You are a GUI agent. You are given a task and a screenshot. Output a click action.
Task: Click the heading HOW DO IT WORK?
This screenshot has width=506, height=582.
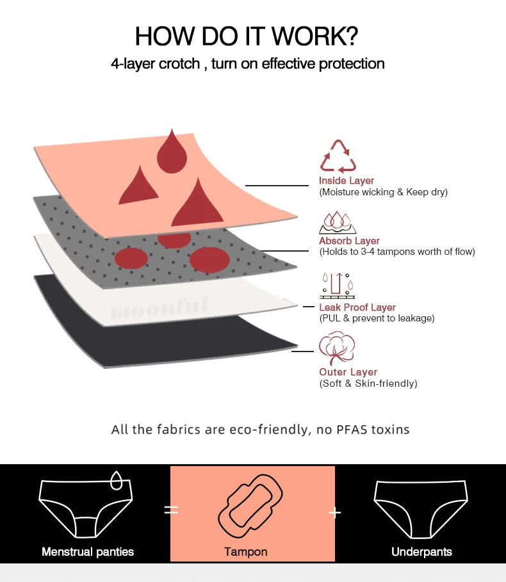coord(246,36)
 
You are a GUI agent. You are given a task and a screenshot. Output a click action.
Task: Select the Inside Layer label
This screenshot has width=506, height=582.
coord(347,181)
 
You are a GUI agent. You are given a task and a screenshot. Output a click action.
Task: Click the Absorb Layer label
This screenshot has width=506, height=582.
coord(349,241)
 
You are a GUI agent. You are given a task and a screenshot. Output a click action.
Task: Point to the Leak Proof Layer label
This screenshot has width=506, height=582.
coord(357,307)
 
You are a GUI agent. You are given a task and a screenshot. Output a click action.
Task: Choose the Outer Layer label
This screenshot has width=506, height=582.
coord(348,372)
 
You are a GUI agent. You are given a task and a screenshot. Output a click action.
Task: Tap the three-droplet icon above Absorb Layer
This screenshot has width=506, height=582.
coord(337,223)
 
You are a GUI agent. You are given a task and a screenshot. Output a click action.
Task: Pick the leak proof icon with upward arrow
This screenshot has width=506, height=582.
coord(337,286)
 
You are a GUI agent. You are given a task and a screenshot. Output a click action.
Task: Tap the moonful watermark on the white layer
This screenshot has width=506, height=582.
coord(159,308)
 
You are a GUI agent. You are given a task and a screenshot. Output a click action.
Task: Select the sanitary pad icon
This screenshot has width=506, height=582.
coord(250,506)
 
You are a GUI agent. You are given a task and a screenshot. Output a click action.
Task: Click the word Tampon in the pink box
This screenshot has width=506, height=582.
coord(246,551)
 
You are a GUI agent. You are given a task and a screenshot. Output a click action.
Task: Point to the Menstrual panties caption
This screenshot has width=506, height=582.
coord(88,551)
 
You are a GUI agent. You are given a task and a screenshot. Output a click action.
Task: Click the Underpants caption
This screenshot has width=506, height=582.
coord(421,551)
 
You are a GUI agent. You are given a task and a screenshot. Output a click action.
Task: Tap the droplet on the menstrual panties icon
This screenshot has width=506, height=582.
coord(116,481)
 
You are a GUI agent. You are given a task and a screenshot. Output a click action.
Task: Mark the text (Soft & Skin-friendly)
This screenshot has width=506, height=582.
coord(368,384)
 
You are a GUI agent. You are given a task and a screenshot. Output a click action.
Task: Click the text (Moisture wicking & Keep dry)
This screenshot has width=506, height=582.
coord(384,192)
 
